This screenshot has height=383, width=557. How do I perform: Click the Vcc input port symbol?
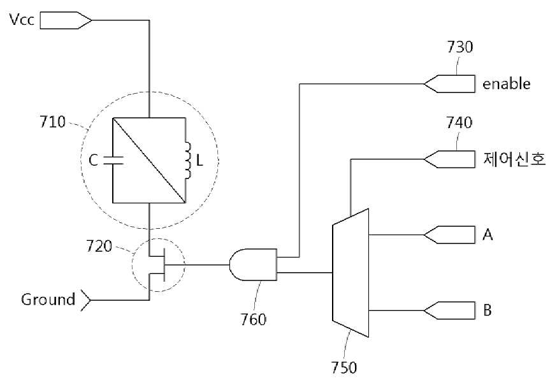pos(66,20)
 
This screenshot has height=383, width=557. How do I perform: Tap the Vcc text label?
pos(22,20)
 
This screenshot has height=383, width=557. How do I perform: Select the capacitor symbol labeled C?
pos(113,161)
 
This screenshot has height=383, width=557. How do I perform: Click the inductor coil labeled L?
pos(187,161)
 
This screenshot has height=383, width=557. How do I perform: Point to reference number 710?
pos(52,122)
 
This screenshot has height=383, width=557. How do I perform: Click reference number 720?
pos(99,246)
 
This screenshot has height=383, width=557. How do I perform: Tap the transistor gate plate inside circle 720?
pos(164,265)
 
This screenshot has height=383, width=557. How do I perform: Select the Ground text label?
pos(48,300)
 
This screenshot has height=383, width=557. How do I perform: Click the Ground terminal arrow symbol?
pos(86,301)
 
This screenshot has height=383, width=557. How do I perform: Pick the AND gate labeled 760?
pos(253,265)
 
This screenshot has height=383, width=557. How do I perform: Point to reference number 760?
pos(253,319)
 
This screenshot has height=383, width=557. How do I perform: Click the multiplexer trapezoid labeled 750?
pos(351,273)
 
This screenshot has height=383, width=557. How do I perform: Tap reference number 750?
pos(344,367)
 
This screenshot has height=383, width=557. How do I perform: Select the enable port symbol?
pos(449,84)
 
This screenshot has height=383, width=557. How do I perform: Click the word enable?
pos(507,84)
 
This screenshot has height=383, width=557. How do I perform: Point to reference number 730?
pos(460,47)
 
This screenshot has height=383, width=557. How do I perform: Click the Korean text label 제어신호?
pos(514,159)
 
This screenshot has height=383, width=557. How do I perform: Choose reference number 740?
pos(459,122)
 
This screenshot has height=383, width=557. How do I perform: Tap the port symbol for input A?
pos(449,235)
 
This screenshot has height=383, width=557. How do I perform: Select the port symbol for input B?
pos(449,310)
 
